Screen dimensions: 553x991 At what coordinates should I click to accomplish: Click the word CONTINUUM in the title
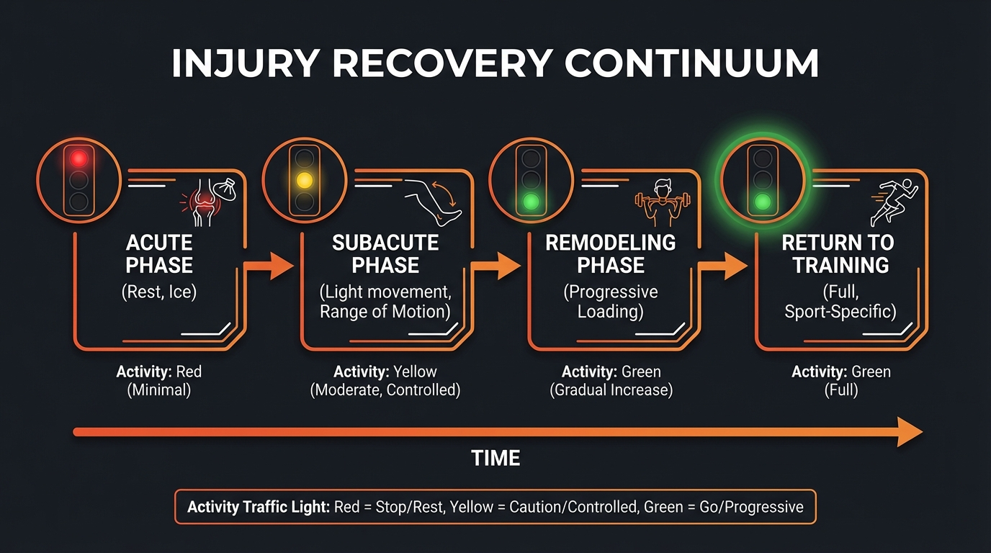pyautogui.click(x=692, y=64)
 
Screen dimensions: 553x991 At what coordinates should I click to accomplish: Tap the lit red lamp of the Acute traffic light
pyautogui.click(x=79, y=158)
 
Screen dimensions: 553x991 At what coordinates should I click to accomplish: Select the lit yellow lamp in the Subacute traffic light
pyautogui.click(x=305, y=179)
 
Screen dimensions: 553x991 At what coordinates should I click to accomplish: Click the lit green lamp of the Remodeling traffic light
pyautogui.click(x=532, y=201)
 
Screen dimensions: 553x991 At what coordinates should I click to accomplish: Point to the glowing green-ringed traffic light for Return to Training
pyautogui.click(x=763, y=179)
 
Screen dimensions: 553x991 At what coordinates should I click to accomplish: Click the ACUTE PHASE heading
pyautogui.click(x=159, y=254)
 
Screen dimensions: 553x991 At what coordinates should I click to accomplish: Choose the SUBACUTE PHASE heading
pyautogui.click(x=385, y=254)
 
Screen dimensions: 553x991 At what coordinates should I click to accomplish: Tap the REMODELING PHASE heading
pyautogui.click(x=611, y=254)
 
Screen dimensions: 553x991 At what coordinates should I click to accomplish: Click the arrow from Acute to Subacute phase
pyautogui.click(x=269, y=267)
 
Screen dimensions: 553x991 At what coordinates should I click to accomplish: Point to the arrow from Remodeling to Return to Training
pyautogui.click(x=723, y=267)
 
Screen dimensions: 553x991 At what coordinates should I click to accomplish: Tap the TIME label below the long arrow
pyautogui.click(x=495, y=458)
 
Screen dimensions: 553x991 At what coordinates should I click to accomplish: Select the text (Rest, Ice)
pyautogui.click(x=159, y=293)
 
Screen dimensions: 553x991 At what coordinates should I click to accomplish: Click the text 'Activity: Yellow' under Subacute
pyautogui.click(x=385, y=372)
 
